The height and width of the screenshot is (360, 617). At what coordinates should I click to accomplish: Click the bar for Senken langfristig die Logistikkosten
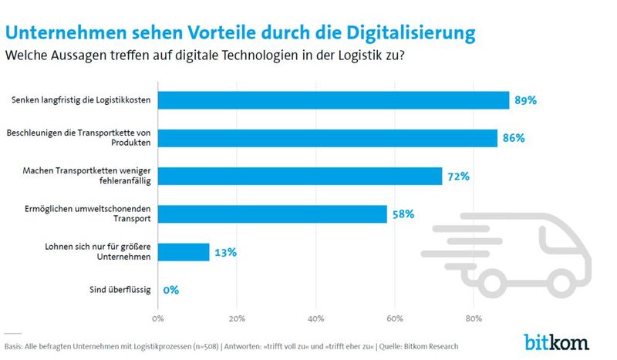333,100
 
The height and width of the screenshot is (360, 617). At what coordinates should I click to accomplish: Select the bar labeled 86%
328,138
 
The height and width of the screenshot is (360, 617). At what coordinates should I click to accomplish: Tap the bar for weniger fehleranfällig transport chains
300,176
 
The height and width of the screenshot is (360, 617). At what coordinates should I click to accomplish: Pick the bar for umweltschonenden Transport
272,214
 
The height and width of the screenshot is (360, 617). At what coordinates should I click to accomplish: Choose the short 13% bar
184,252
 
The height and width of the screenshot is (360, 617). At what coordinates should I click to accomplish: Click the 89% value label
526,101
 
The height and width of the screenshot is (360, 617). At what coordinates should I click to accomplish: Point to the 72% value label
458,177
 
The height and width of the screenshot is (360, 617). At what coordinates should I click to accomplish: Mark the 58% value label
403,214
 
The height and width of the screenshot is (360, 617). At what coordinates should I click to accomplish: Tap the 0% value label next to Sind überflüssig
170,290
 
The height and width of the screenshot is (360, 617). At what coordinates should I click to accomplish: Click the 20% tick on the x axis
237,318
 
